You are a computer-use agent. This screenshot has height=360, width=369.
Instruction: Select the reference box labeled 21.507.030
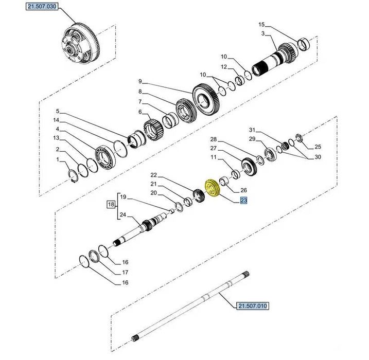[x=42, y=6]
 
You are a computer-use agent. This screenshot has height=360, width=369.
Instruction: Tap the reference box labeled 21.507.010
[x=253, y=306]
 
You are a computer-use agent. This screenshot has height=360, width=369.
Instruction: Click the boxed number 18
[x=111, y=204]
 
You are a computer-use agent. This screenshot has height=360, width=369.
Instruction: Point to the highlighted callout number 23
[x=243, y=201]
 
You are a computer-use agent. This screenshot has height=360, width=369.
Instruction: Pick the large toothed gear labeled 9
[x=206, y=99]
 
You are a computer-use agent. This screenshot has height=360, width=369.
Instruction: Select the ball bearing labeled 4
[x=105, y=157]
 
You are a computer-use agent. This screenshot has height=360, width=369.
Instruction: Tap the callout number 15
[x=261, y=25]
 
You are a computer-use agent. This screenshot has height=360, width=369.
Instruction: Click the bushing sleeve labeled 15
[x=303, y=44]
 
